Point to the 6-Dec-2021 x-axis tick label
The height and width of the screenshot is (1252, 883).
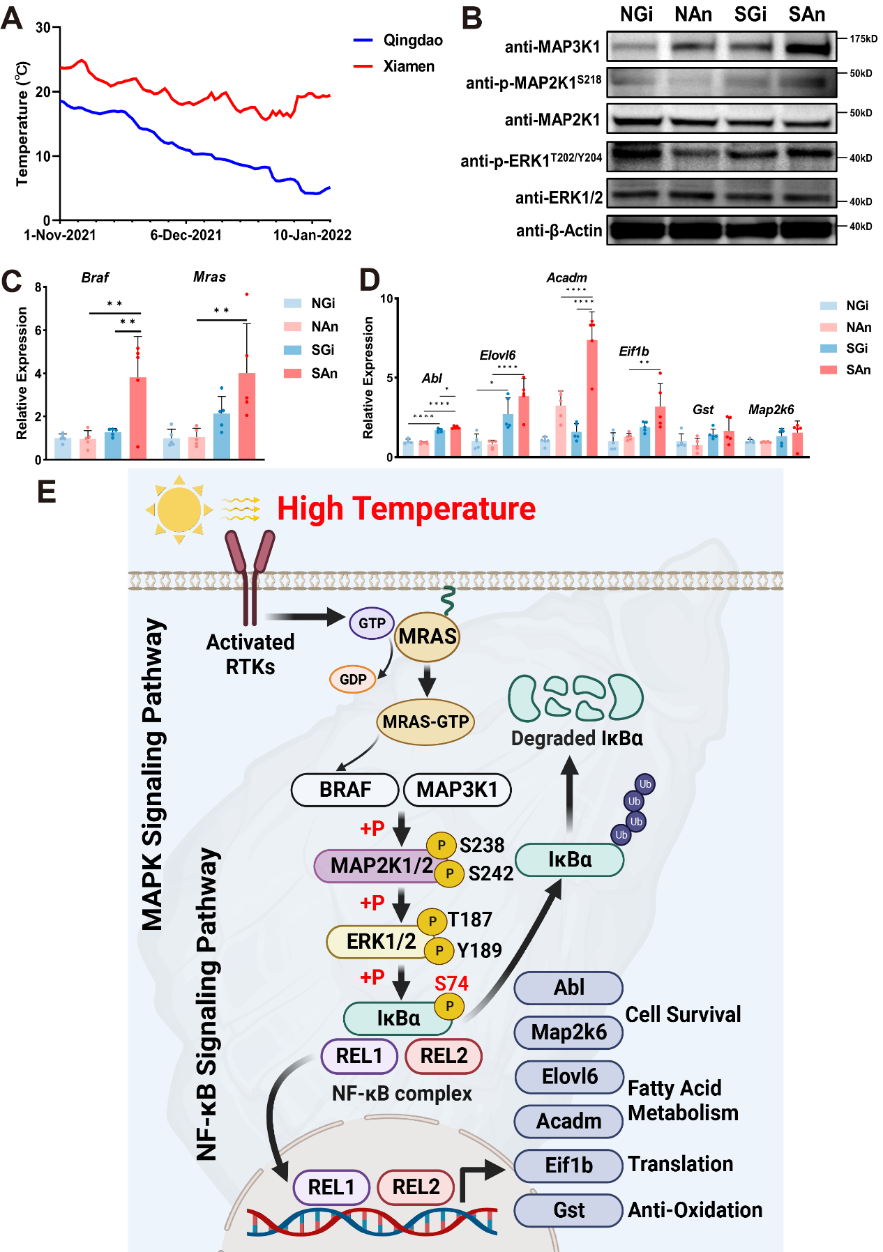tap(186, 235)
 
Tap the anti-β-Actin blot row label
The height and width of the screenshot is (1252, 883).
tap(559, 231)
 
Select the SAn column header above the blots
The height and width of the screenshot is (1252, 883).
tap(806, 15)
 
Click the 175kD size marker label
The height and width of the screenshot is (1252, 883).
tap(863, 39)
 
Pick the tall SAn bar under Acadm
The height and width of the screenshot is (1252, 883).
tap(591, 397)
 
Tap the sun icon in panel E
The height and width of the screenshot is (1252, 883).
tap(179, 510)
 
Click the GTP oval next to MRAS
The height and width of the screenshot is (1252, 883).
tap(372, 623)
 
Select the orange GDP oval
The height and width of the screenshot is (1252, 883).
tap(353, 679)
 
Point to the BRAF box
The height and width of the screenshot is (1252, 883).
tap(345, 790)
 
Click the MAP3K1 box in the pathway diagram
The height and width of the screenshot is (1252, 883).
tap(457, 790)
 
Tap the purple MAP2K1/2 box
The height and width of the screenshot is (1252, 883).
tap(377, 866)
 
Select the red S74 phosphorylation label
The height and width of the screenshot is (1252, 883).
tap(451, 984)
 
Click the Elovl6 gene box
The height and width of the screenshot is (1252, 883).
tap(569, 1077)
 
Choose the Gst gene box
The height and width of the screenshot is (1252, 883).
tap(568, 1210)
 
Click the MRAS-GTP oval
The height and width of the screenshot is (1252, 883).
tap(425, 722)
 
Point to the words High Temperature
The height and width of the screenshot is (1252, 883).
tap(406, 509)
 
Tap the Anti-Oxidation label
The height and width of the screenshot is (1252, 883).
tap(695, 1210)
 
